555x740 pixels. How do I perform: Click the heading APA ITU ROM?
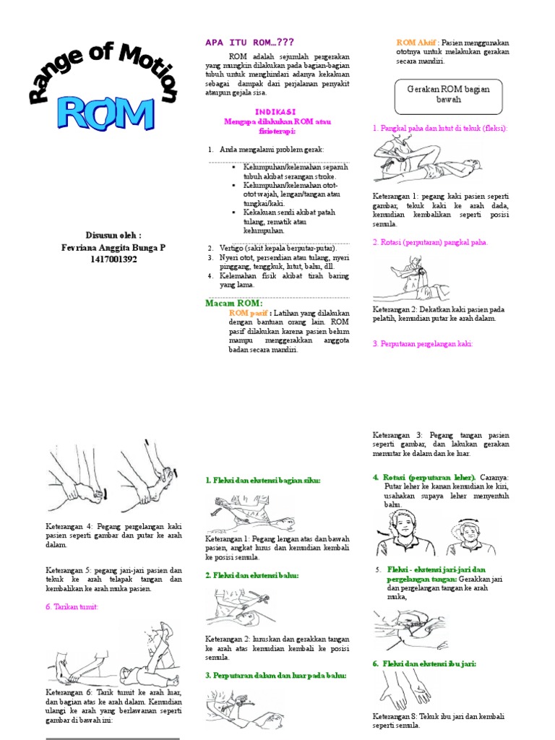(x=250, y=43)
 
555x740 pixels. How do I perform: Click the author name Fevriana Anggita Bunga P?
(x=113, y=247)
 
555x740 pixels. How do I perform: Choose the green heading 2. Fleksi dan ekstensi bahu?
(x=251, y=575)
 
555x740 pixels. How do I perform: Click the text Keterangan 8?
(x=395, y=716)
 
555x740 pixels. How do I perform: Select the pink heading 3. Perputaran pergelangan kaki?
(x=423, y=344)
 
